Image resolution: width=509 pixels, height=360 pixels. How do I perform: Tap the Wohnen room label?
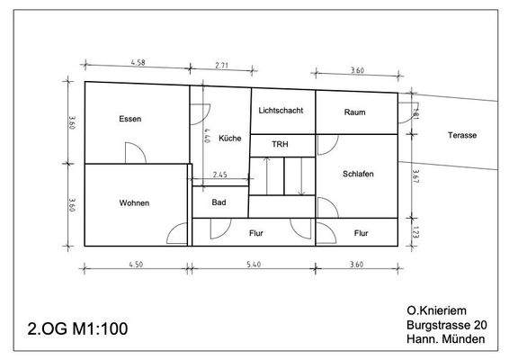coord(134,202)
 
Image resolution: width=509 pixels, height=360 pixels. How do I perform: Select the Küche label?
coord(230,139)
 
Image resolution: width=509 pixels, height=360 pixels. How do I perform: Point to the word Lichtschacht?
coord(281,111)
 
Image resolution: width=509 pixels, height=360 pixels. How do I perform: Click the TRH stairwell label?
coord(281,144)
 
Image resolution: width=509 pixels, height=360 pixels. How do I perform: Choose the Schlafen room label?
coord(358,174)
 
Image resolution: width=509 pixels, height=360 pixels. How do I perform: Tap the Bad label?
coord(219,202)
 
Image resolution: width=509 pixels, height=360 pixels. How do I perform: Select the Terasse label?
coord(462,135)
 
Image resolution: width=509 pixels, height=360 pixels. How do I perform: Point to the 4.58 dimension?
coord(138,63)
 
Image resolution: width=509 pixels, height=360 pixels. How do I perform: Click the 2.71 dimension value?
coord(223,67)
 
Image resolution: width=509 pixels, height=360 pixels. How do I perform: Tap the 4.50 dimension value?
coord(137,265)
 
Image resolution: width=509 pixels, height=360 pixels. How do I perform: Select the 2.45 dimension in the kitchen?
coord(219,174)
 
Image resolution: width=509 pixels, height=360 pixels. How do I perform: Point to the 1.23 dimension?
coord(415,231)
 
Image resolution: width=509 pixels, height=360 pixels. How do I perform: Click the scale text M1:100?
coord(95,328)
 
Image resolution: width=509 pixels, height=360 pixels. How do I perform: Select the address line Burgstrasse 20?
coord(447,324)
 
